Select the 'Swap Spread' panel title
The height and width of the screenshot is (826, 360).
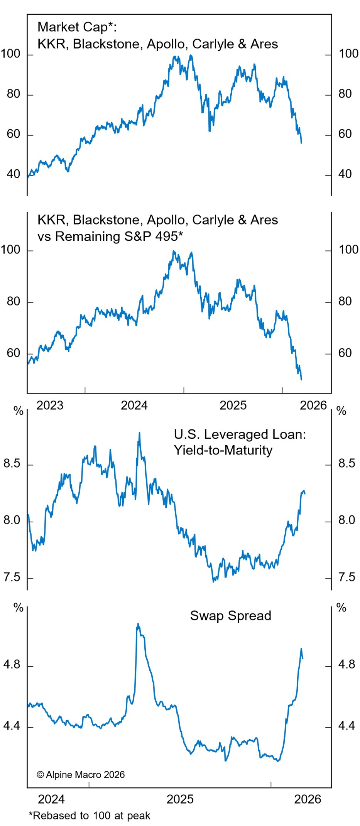pyautogui.click(x=230, y=616)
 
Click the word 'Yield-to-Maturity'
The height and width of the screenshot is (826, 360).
pyautogui.click(x=223, y=450)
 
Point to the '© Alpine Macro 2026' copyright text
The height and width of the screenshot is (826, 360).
pyautogui.click(x=81, y=775)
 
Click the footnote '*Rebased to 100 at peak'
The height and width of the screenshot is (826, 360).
pyautogui.click(x=90, y=816)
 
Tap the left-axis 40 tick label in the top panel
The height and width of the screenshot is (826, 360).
pyautogui.click(x=14, y=174)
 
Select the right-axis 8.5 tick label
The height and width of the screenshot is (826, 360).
pyautogui.click(x=346, y=463)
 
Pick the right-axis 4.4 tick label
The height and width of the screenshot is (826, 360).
pyautogui.click(x=346, y=726)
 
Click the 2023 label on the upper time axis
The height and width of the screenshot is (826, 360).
pyautogui.click(x=50, y=405)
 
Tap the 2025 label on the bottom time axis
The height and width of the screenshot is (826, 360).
pyautogui.click(x=180, y=799)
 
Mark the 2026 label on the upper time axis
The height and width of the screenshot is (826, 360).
pyautogui.click(x=313, y=405)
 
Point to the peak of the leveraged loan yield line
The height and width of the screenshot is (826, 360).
pyautogui.click(x=139, y=433)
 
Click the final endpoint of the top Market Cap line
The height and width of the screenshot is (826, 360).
pyautogui.click(x=301, y=143)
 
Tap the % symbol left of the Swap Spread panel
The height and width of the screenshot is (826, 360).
pyautogui.click(x=18, y=608)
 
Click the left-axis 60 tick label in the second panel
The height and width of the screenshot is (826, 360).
pyautogui.click(x=14, y=353)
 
